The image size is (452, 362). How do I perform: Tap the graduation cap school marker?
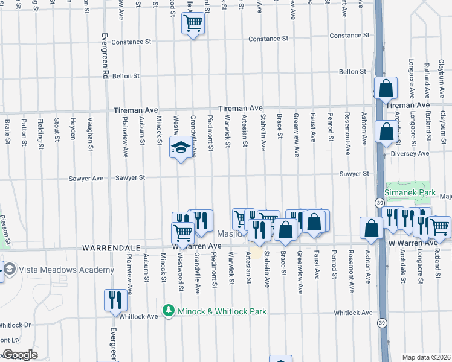point(180,148)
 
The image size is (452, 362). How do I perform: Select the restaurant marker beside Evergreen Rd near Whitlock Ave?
point(114,300)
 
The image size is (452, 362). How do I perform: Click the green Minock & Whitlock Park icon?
point(168,311)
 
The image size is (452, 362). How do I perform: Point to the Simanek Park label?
point(410,192)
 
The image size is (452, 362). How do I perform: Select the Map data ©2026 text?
point(426,357)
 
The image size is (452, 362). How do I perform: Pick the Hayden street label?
point(73,128)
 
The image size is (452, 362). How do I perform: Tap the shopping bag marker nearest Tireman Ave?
point(385,89)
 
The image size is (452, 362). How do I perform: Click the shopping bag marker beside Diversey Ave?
point(385,131)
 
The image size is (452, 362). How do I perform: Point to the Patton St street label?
point(24,133)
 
